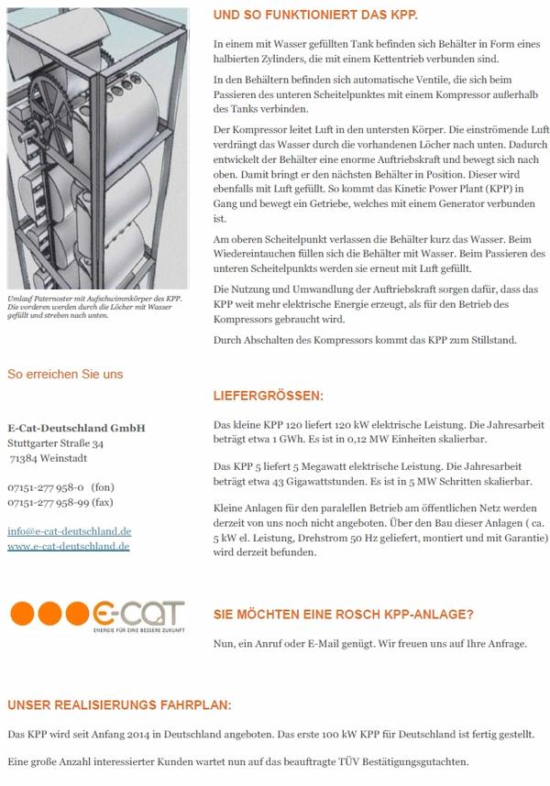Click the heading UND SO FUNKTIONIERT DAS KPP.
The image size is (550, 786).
click(315, 16)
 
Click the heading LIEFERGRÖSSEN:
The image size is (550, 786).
click(268, 397)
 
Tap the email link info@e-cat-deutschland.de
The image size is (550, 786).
click(69, 531)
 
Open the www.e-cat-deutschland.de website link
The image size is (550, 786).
click(68, 546)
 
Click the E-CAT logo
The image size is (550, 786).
click(97, 614)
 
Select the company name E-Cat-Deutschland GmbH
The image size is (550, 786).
click(76, 428)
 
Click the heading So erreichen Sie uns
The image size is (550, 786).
click(64, 374)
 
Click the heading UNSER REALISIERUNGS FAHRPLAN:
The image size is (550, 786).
click(119, 706)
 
